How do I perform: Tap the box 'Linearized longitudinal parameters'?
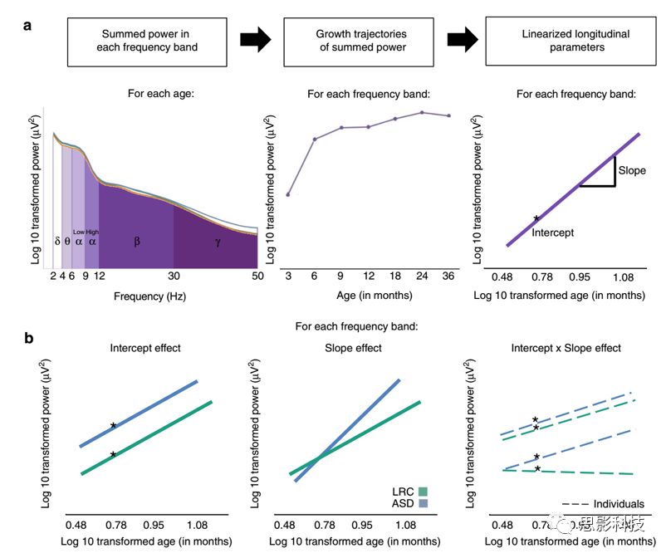[x=566, y=41]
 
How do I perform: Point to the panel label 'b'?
[x=28, y=338]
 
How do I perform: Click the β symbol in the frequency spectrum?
[x=137, y=242]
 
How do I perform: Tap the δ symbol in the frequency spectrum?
[x=57, y=242]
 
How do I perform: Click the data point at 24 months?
[x=422, y=112]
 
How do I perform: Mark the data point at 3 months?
[x=287, y=194]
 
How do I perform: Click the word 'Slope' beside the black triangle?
[x=631, y=170]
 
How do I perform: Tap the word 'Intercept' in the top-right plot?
[x=553, y=232]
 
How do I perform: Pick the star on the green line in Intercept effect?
[x=113, y=454]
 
